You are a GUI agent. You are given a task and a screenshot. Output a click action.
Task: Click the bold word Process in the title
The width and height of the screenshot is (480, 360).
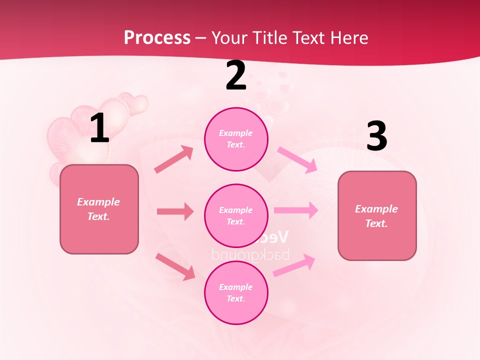click(x=157, y=37)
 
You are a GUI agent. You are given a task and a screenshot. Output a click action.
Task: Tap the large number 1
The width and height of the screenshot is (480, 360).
click(x=99, y=128)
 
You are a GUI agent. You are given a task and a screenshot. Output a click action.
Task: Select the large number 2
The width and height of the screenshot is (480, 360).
click(x=236, y=76)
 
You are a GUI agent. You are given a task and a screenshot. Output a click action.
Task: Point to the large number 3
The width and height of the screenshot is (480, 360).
click(x=376, y=136)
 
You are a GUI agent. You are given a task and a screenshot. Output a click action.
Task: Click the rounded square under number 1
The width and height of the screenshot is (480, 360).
click(x=99, y=209)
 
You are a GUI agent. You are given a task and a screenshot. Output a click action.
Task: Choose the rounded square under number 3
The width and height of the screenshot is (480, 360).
click(x=377, y=216)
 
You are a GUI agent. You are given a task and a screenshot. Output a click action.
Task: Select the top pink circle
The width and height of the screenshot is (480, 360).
click(x=236, y=139)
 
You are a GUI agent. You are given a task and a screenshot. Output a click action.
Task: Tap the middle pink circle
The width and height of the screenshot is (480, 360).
click(x=236, y=215)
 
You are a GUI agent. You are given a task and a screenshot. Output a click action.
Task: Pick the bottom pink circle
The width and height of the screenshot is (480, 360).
click(x=236, y=292)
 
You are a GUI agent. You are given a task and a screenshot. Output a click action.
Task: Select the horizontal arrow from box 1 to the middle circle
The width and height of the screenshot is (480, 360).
click(x=175, y=211)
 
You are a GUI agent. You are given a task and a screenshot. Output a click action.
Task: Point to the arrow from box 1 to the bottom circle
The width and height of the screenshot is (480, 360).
click(x=175, y=266)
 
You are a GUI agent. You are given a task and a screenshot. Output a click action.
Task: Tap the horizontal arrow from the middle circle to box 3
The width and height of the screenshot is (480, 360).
click(x=296, y=210)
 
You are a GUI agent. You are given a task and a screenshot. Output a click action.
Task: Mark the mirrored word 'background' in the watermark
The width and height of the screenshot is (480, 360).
click(x=250, y=254)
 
